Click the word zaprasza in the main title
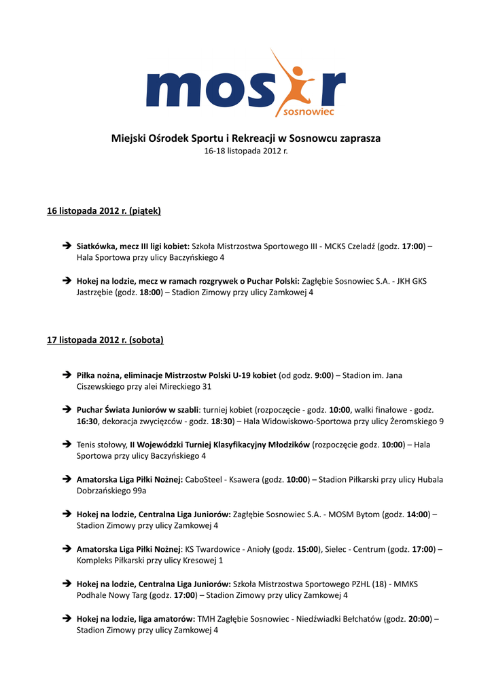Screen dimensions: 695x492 [x=359, y=138]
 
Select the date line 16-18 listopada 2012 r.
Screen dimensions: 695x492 [x=246, y=151]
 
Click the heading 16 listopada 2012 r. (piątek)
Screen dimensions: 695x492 [x=103, y=211]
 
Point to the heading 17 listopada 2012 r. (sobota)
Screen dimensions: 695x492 [x=105, y=339]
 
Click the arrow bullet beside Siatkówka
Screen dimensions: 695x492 [x=67, y=246]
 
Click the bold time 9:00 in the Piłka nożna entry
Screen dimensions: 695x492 [x=323, y=375]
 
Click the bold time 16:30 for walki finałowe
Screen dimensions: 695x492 [x=88, y=421]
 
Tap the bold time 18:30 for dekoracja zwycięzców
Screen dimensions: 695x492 [x=222, y=421]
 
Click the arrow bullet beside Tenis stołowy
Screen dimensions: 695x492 [x=67, y=445]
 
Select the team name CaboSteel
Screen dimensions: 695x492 [x=207, y=479]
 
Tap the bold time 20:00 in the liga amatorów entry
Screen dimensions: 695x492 [x=419, y=619]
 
